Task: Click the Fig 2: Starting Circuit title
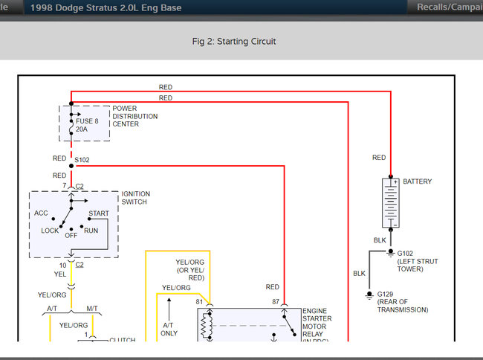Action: (x=233, y=41)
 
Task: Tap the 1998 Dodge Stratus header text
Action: (x=105, y=8)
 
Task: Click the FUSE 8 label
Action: (x=87, y=120)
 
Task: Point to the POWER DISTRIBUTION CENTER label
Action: (x=134, y=116)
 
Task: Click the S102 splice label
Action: (x=82, y=160)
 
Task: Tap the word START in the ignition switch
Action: (x=98, y=214)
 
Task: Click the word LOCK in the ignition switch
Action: (x=50, y=231)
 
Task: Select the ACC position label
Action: (x=41, y=213)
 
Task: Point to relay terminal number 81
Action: (x=199, y=302)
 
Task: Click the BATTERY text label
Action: (x=417, y=181)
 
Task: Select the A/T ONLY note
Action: (x=169, y=329)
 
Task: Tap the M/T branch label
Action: (x=91, y=308)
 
